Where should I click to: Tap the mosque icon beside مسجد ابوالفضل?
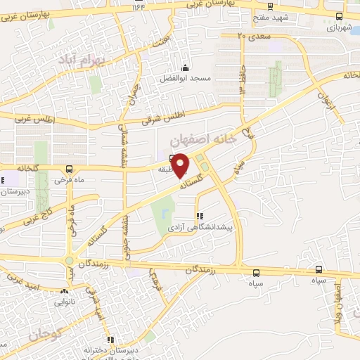pos(185,68)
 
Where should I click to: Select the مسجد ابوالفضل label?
pos(184,78)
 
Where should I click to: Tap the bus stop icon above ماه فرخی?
pos(69,169)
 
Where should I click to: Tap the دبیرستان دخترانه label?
pos(108,349)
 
